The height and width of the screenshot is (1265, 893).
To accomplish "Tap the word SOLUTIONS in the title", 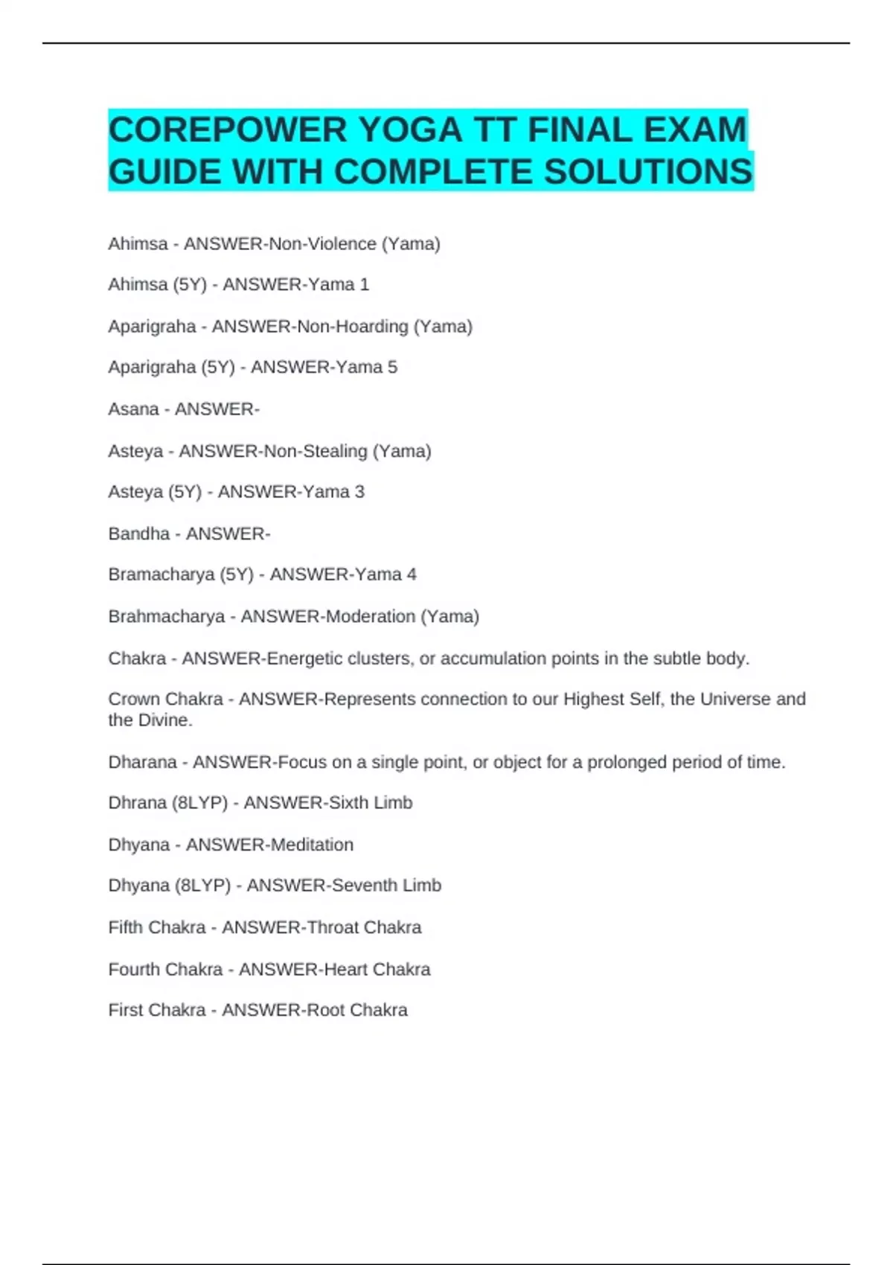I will click(648, 172).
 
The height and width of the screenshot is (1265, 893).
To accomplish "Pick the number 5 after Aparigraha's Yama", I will click(392, 368).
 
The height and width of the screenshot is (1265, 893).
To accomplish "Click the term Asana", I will click(133, 409).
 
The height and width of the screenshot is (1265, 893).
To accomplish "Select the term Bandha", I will click(138, 534).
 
